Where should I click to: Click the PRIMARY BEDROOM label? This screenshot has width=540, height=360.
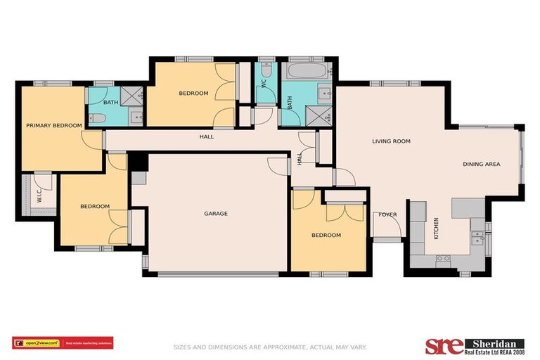pos(53,126)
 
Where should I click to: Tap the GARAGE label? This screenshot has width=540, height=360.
pos(216,214)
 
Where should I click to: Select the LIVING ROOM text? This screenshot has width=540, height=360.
pos(391,141)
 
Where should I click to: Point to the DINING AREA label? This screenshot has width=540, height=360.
pos(481,165)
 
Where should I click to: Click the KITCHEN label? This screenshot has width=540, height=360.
pos(437,229)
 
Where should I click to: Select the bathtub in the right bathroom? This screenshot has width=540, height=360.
pos(307,72)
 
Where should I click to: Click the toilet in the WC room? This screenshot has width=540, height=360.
pos(266,70)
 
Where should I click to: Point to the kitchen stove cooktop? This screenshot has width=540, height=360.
pos(443,259)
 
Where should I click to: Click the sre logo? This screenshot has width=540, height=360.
pos(444,345)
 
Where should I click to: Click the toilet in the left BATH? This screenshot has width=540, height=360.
pos(98,119)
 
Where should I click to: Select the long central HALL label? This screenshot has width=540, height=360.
pos(206,136)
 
